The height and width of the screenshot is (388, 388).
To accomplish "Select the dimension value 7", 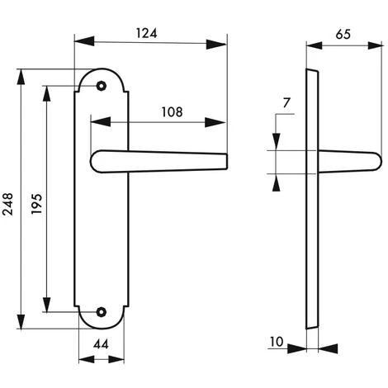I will click(x=286, y=103).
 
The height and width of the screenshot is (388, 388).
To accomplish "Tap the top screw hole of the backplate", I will click(x=102, y=86).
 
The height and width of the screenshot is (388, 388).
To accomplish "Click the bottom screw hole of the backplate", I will click(x=102, y=312).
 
